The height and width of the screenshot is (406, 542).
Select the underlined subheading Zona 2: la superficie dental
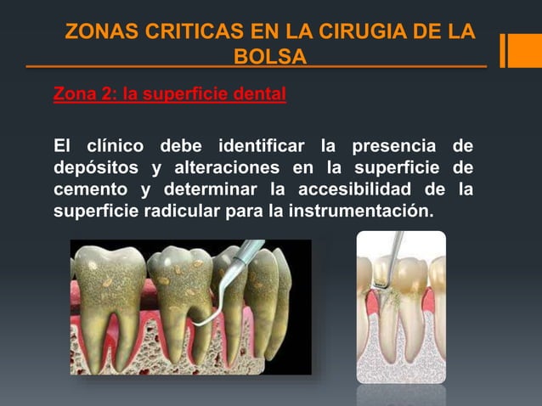point(169,93)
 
